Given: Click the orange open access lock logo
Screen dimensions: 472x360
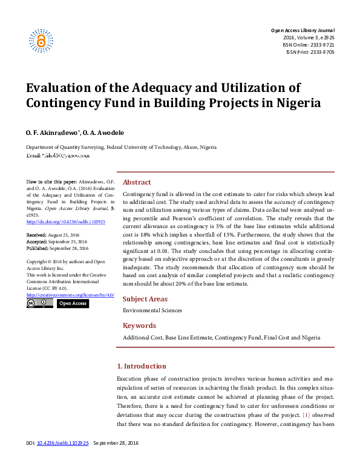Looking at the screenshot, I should pos(41,41).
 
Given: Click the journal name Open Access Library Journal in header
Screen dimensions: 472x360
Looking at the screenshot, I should pos(302,30).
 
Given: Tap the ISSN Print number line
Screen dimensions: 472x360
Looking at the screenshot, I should pos(310,52).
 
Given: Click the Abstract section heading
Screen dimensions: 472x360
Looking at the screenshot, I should pos(137,182).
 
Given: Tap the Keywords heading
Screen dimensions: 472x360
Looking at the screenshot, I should pos(139,326).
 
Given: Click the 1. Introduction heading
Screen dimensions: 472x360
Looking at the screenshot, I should pos(141,366).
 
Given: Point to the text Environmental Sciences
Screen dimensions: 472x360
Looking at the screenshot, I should pos(152,310).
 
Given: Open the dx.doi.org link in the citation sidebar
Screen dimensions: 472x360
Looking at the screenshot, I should pos(66,221).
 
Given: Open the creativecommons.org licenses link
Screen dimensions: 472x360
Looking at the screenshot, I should pos(70,295).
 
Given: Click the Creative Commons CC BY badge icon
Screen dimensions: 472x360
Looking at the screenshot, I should pos(40,303).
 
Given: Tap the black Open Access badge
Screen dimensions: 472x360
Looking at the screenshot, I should pos(73,303).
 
